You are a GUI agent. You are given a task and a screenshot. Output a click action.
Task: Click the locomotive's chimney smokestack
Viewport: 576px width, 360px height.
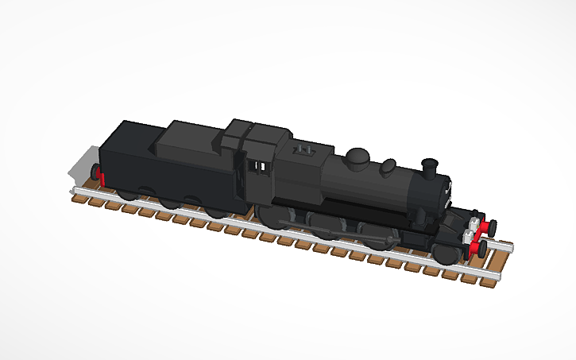(x=430, y=168)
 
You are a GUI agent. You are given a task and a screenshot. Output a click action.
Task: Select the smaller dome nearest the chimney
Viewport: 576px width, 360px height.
(x=389, y=166)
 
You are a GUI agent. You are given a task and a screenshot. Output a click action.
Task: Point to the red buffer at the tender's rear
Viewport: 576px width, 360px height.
(x=99, y=176)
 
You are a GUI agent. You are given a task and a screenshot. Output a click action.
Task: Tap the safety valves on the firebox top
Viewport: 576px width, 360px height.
(x=303, y=149)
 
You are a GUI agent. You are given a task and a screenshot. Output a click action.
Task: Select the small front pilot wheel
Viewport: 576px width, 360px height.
(x=446, y=254)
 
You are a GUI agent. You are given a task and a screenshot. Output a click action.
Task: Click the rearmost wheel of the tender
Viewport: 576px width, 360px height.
(x=127, y=193)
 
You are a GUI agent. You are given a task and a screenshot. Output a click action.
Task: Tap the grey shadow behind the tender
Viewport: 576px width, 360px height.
(x=79, y=167)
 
